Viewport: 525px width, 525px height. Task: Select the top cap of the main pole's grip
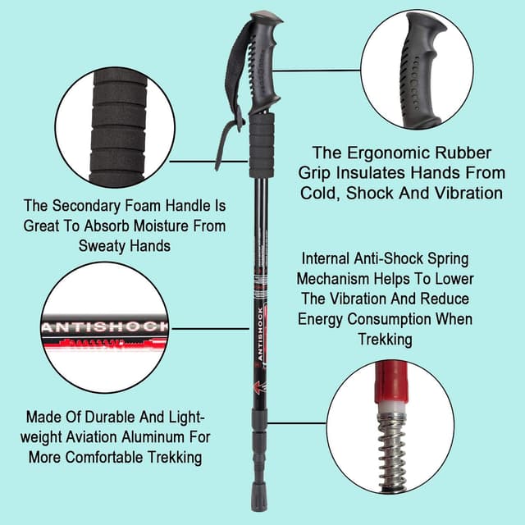267,17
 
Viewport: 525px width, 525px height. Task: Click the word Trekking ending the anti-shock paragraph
385,339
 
